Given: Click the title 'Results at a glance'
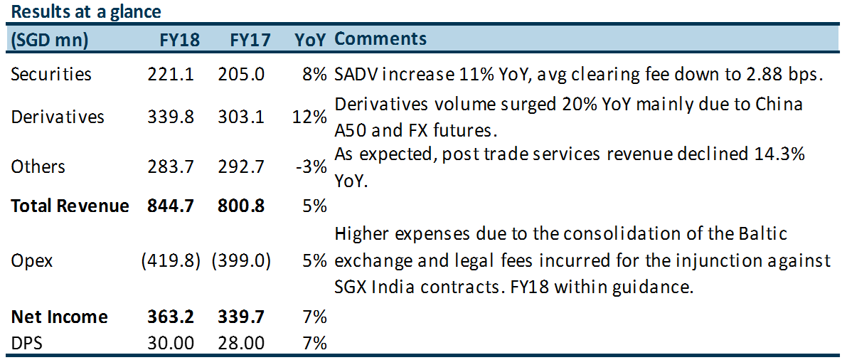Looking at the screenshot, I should [x=85, y=12].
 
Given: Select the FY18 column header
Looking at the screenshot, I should [x=179, y=40].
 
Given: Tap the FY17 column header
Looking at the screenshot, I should [x=250, y=40].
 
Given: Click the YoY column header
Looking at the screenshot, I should [x=311, y=40].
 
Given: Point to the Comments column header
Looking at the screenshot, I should [x=380, y=39].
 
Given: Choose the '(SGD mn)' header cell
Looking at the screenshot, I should [x=49, y=40].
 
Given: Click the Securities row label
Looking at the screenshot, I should [x=51, y=74].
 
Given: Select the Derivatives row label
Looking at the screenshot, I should [x=58, y=117].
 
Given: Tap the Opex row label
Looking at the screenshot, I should [x=32, y=261].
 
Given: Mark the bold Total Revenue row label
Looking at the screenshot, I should [x=70, y=206].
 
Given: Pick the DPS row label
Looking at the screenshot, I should [x=27, y=343].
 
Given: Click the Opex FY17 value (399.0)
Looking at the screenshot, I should [x=241, y=261].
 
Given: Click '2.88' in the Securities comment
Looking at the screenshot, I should [x=752, y=74].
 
